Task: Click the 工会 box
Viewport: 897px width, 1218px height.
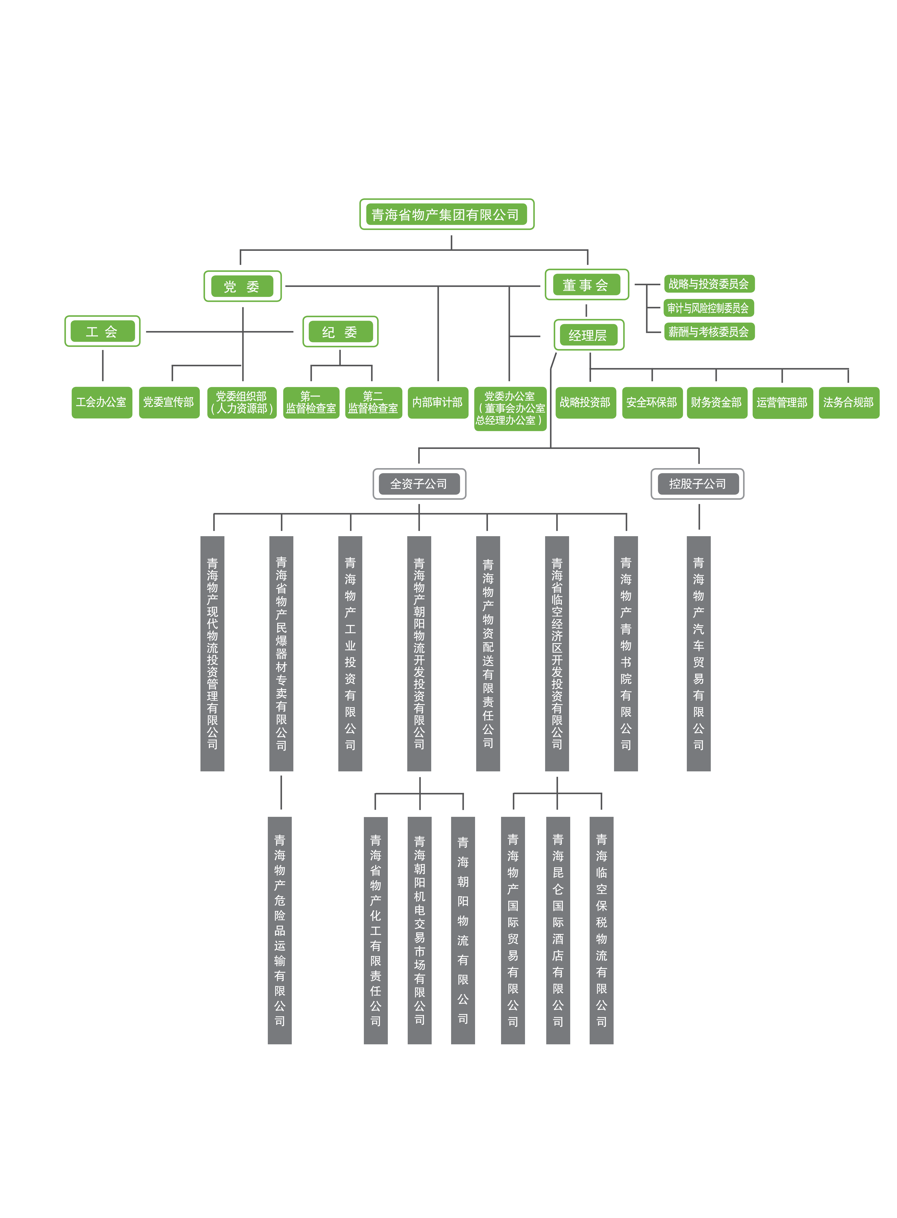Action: click(102, 331)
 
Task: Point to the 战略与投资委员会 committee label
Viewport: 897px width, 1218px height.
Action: click(709, 284)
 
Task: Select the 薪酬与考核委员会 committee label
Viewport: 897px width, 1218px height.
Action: click(709, 331)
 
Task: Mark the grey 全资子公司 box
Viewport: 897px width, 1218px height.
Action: click(419, 483)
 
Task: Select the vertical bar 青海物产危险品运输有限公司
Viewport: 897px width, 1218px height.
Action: click(280, 930)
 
